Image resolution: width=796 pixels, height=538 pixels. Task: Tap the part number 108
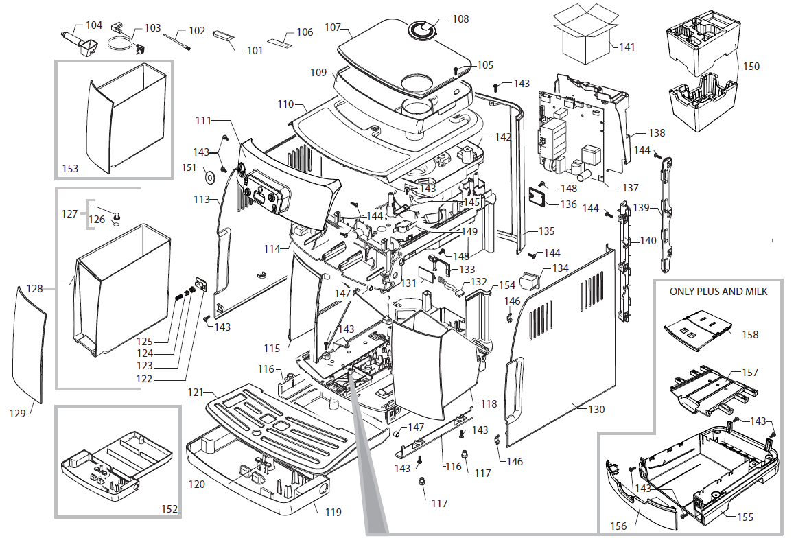coord(460,19)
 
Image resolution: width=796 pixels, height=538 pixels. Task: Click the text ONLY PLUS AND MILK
coord(718,292)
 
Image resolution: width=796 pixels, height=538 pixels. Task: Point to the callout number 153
coord(70,168)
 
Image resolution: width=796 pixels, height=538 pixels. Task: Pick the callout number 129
coord(18,413)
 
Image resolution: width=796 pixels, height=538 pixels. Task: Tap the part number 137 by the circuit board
coord(629,187)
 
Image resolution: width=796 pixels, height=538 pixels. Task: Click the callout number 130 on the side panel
coord(596,410)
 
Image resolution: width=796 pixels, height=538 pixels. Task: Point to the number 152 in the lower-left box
coord(169,509)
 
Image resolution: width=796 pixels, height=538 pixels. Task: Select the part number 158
coord(750,335)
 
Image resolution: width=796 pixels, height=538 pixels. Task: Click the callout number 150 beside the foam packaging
coord(751,67)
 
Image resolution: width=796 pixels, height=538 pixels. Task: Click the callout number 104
coord(93,25)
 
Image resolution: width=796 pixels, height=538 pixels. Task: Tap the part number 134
coord(560,268)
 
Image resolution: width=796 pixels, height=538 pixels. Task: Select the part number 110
coord(285,105)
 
